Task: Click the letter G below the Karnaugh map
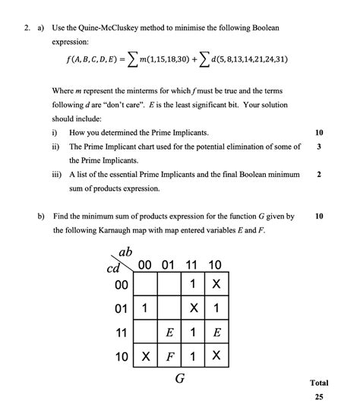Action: (x=180, y=377)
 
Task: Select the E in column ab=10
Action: (x=216, y=332)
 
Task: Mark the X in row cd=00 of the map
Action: (x=216, y=286)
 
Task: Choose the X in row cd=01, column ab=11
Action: (x=194, y=309)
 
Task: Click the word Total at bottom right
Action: (x=319, y=383)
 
